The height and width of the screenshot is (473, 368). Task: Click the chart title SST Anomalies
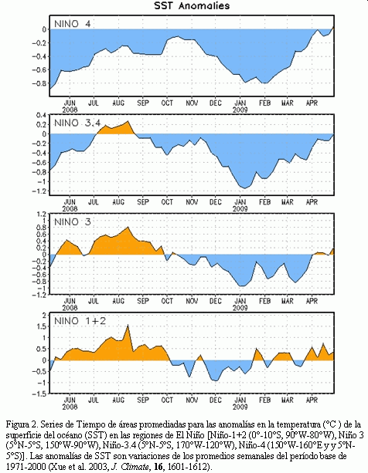(x=192, y=5)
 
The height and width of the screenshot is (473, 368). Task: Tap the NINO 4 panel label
(x=72, y=24)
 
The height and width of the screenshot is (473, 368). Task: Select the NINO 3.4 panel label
(x=77, y=123)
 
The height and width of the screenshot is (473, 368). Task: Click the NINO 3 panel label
(x=72, y=221)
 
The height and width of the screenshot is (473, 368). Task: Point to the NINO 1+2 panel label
(x=80, y=321)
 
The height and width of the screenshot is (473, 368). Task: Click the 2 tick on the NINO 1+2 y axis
(x=44, y=315)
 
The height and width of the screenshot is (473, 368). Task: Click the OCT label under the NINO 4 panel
(x=167, y=103)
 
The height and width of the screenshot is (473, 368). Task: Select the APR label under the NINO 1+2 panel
(x=312, y=400)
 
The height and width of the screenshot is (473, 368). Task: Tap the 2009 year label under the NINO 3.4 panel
(x=240, y=208)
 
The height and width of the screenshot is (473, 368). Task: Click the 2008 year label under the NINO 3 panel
(x=70, y=307)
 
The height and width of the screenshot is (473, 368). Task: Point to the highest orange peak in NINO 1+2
(x=128, y=325)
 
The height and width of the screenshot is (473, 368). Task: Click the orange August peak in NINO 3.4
(x=128, y=121)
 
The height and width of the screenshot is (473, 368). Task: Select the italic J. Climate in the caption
(x=131, y=466)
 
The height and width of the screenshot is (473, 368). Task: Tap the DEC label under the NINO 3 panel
(x=216, y=301)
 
